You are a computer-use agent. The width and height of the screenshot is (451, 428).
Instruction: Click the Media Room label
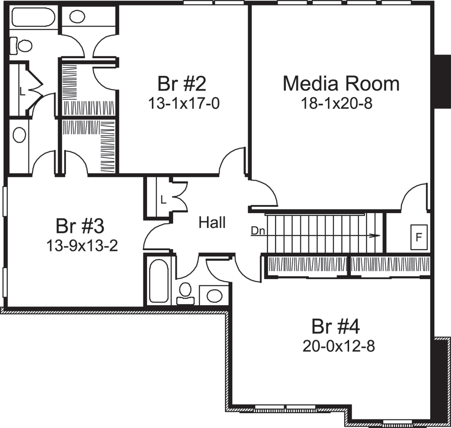click(341, 84)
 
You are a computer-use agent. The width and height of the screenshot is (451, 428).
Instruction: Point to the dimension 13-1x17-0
click(184, 103)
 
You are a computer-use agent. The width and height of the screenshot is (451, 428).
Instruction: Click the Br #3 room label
click(80, 225)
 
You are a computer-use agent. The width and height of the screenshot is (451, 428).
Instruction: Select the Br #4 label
click(336, 326)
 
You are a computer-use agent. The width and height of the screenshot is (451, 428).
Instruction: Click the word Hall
click(212, 223)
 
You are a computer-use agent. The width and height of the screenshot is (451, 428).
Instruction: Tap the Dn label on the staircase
click(257, 231)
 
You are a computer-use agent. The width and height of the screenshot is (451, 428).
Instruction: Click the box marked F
click(419, 237)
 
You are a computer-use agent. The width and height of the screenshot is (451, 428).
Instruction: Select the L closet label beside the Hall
click(163, 199)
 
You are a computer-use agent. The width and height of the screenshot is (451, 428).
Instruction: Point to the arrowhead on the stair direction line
click(374, 235)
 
